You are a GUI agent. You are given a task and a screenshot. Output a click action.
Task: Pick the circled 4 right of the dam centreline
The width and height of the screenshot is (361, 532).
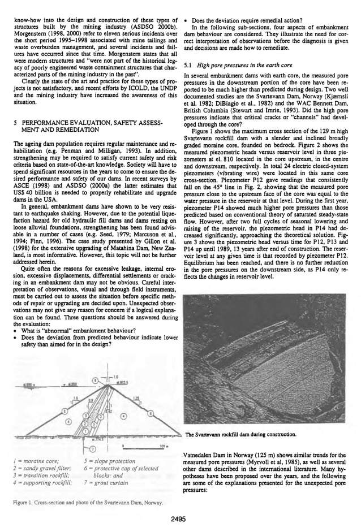[x=122, y=422]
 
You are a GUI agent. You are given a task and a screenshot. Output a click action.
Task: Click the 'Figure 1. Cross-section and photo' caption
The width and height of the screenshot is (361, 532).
[x=89, y=503]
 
